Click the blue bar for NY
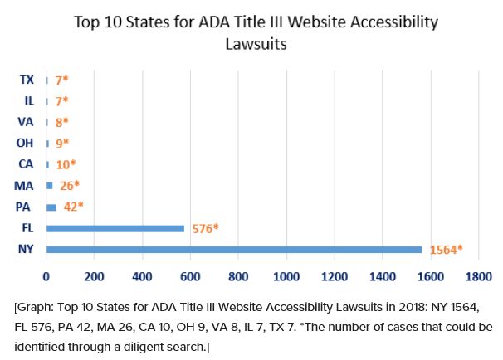click(234, 249)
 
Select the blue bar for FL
click(115, 228)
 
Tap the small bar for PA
click(51, 207)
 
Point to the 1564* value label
click(446, 249)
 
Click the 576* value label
click(203, 228)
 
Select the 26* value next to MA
click(67, 185)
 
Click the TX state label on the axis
click(26, 80)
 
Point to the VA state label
click(26, 122)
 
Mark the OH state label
click(26, 143)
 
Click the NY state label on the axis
click(26, 249)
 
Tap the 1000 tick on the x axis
click(286, 275)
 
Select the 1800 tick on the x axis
click(479, 275)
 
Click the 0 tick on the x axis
click(46, 275)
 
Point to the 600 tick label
click(191, 275)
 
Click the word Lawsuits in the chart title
click(256, 42)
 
